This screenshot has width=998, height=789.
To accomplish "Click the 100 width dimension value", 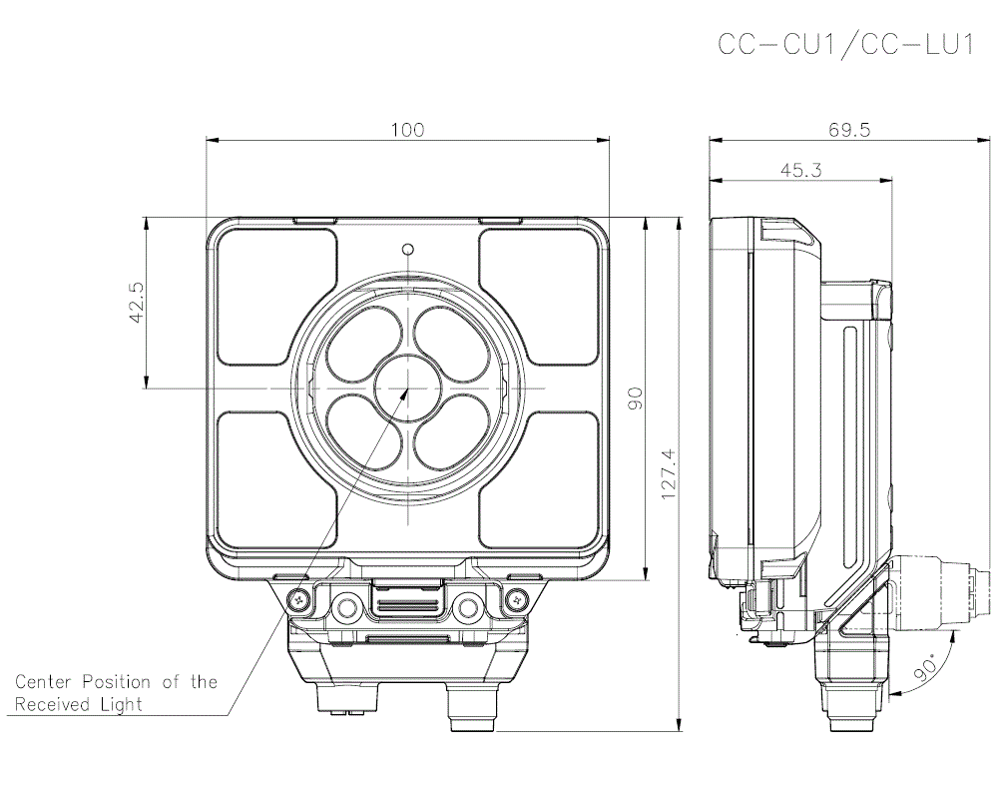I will pos(407,130).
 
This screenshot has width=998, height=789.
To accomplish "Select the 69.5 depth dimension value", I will pos(849,130).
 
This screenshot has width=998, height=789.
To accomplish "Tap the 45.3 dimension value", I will pos(800,171).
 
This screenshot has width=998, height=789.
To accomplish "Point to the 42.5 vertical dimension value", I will pos(137,302).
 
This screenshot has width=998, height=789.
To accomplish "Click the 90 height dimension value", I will pos(635,396).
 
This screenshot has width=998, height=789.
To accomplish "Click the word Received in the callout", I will pos(52,704).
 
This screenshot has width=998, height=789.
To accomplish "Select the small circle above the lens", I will pos(407,249).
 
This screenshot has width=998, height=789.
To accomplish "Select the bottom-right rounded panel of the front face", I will pos(540,479).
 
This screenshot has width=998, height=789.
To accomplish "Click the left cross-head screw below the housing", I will pos(298,599).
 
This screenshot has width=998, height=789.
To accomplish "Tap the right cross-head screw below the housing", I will pos(516,599).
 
